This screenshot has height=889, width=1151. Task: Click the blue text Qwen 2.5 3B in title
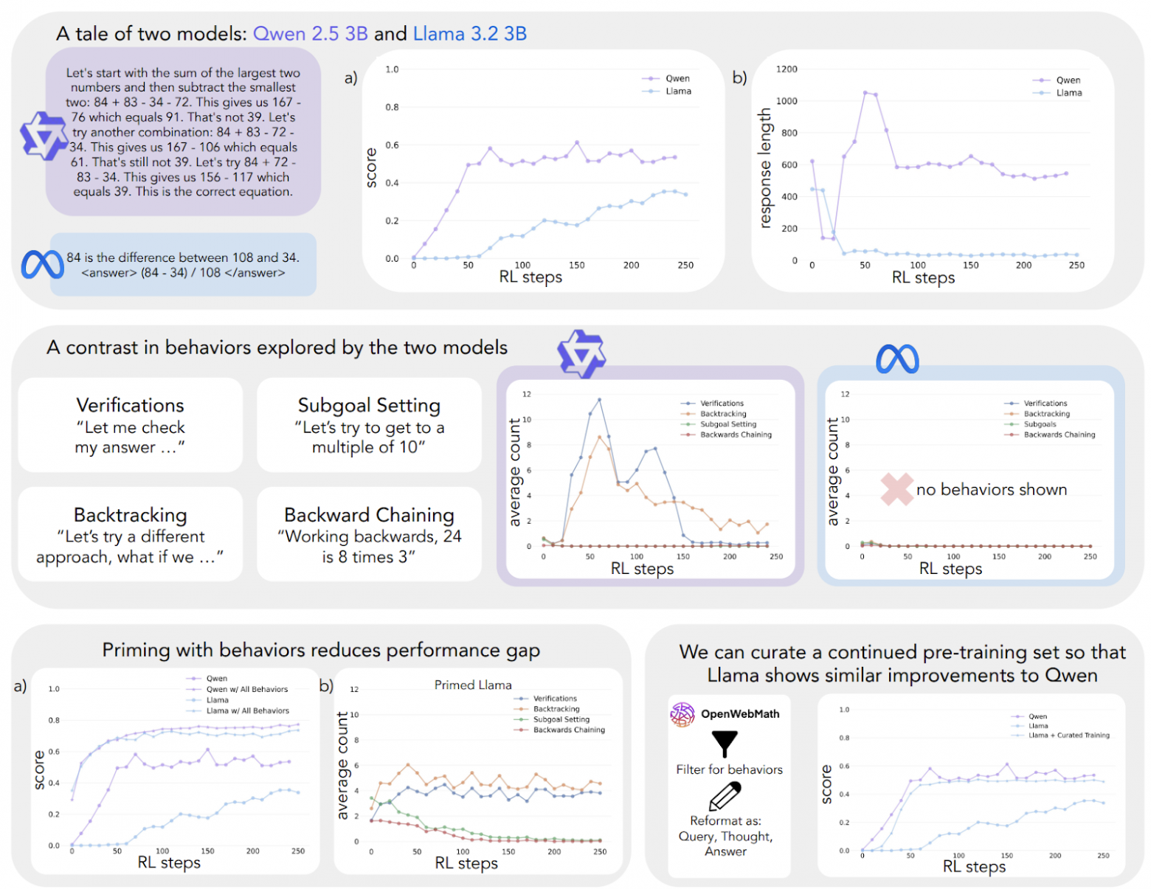pyautogui.click(x=310, y=34)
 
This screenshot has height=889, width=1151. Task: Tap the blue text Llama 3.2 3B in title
pyautogui.click(x=469, y=34)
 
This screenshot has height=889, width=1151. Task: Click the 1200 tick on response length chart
pyautogui.click(x=787, y=69)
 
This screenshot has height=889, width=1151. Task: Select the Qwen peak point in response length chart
pyautogui.click(x=865, y=93)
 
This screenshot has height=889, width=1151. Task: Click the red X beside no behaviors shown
pyautogui.click(x=896, y=489)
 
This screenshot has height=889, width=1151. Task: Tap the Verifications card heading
pyautogui.click(x=131, y=405)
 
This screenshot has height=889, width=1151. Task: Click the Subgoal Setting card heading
pyautogui.click(x=369, y=405)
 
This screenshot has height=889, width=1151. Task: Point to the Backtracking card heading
pyautogui.click(x=131, y=514)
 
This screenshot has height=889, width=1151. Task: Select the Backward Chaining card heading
pyautogui.click(x=369, y=514)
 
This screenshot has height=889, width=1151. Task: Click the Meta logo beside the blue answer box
pyautogui.click(x=42, y=265)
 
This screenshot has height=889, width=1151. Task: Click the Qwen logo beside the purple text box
pyautogui.click(x=44, y=136)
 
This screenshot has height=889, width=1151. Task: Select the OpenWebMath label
pyautogui.click(x=739, y=714)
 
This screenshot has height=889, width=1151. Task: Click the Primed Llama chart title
pyautogui.click(x=473, y=685)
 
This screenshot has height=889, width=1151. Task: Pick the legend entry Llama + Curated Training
pyautogui.click(x=1069, y=736)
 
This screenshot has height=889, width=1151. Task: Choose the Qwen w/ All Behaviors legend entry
pyautogui.click(x=247, y=689)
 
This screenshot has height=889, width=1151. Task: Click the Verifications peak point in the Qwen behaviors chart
pyautogui.click(x=599, y=400)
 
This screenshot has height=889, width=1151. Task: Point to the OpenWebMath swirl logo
pyautogui.click(x=682, y=714)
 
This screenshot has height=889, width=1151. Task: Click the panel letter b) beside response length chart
pyautogui.click(x=739, y=77)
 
